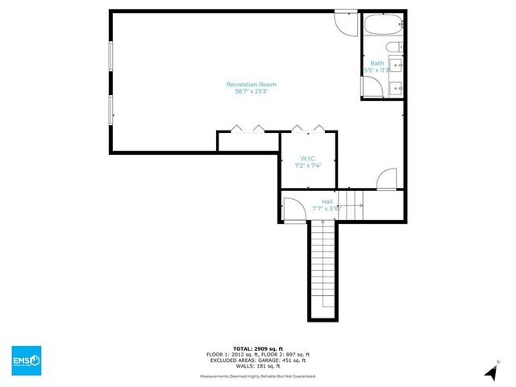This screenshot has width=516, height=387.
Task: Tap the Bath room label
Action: pos(377,63)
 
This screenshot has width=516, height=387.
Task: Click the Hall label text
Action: pos(327,201)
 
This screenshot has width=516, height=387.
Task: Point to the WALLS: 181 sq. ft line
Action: pos(258,366)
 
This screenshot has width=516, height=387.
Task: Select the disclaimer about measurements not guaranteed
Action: pos(258,377)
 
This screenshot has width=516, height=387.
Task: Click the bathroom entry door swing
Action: pos(388,177)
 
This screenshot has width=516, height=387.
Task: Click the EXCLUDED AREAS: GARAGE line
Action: pos(258,360)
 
